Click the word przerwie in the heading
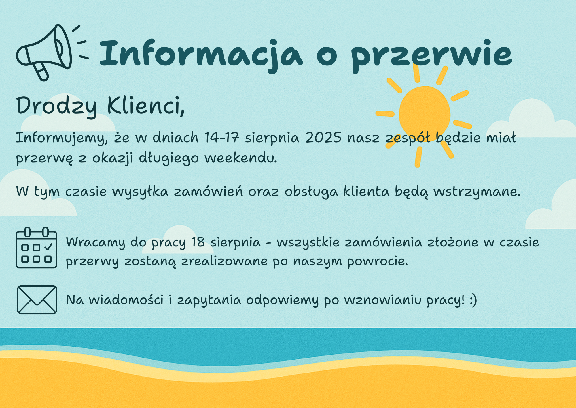431,56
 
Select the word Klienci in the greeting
146,106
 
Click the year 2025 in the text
323,138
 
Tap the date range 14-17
222,138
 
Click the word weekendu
241,158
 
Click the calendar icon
37,248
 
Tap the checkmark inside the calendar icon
48,247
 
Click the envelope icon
37,300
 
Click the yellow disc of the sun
425,114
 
